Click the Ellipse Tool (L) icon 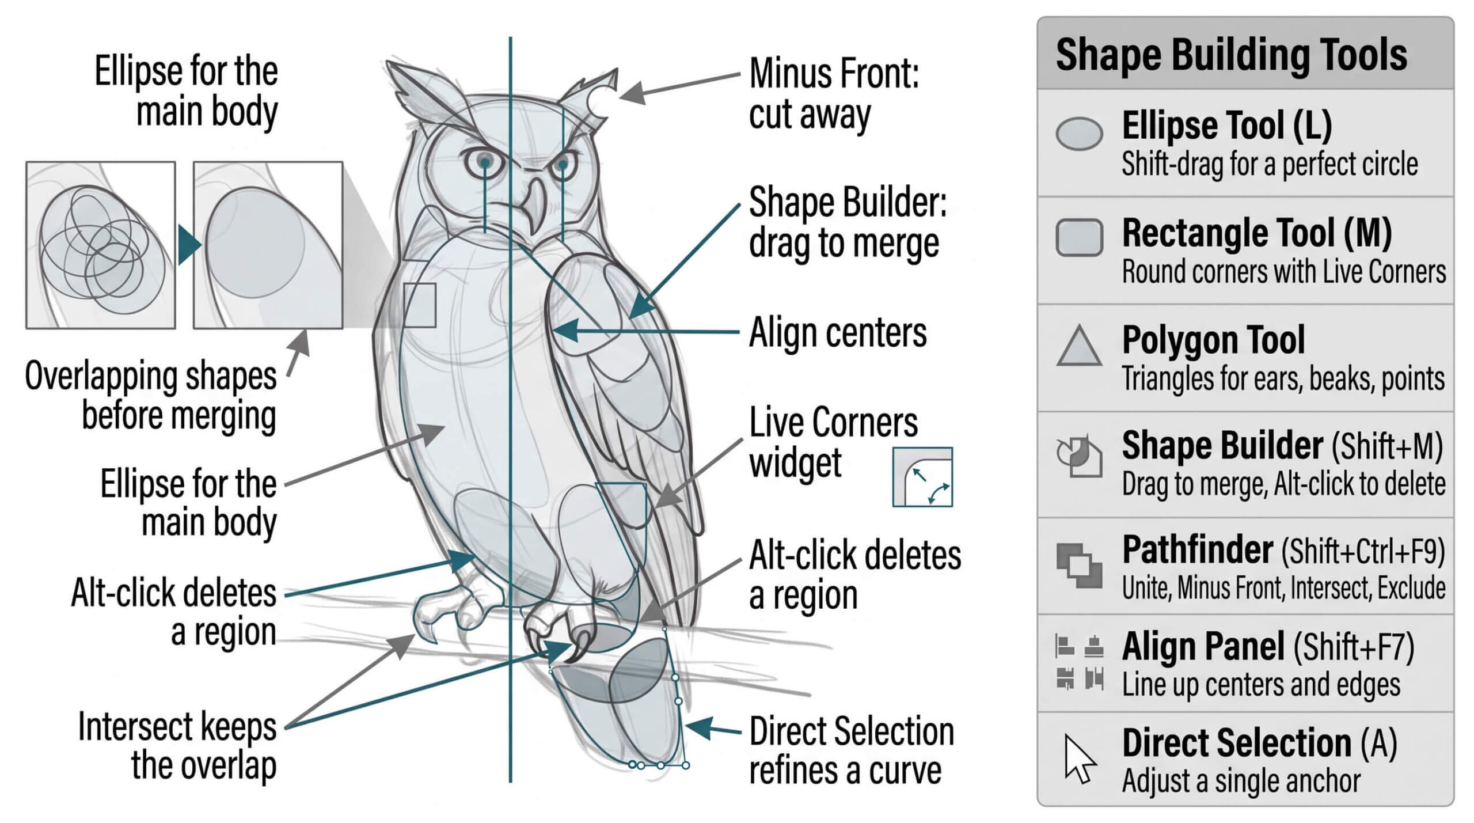(x=1079, y=134)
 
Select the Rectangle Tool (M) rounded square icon (x=1079, y=237)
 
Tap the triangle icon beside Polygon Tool (x=1079, y=346)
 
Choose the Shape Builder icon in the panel (x=1079, y=456)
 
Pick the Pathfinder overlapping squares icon (x=1079, y=566)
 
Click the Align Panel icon (x=1079, y=662)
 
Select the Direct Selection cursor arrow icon (x=1080, y=758)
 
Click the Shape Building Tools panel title (x=1231, y=55)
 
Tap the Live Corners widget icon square (x=922, y=477)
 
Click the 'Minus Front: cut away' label (x=834, y=94)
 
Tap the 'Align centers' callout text (x=838, y=333)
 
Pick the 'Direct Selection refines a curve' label (x=852, y=750)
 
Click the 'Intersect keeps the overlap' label (x=177, y=746)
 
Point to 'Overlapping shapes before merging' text (x=151, y=396)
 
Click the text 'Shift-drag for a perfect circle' (x=1270, y=164)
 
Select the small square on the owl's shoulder (x=420, y=305)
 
